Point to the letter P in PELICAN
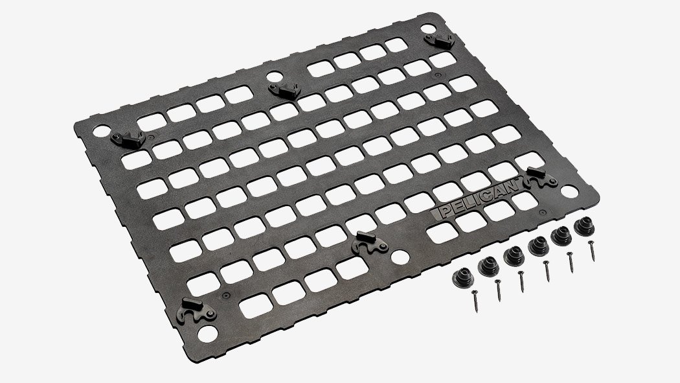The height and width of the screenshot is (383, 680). click(443, 213)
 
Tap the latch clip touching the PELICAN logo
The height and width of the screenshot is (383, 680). click(541, 178)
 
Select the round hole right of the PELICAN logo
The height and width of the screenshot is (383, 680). click(569, 191)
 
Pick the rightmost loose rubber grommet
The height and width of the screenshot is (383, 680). click(584, 226)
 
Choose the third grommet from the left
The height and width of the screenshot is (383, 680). click(514, 256)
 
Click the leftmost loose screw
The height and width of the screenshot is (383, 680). click(475, 301)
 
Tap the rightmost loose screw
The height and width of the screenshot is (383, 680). click(591, 251)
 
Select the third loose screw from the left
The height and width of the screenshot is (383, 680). click(521, 281)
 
